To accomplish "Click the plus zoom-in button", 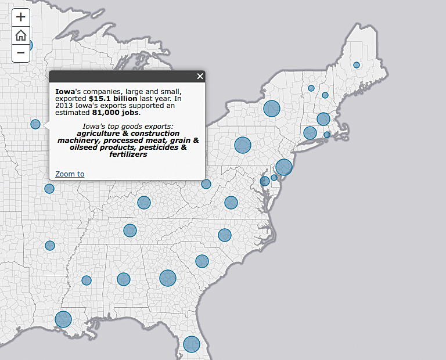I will click(21, 17).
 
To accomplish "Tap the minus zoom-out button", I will click(21, 53).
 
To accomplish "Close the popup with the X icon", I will click(200, 76).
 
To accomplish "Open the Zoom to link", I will click(70, 174).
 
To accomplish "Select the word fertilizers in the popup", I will click(128, 154).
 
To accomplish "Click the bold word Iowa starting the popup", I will click(64, 92).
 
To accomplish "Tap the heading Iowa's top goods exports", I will click(128, 127).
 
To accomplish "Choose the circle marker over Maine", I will click(357, 65).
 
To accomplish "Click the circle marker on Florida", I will click(192, 344).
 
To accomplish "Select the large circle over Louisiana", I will click(63, 319).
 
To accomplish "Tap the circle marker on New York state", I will click(272, 108).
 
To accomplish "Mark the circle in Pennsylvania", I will click(243, 145).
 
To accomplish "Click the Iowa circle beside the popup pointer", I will click(35, 124).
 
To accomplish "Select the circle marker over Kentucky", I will click(144, 203).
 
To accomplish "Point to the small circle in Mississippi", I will click(87, 280).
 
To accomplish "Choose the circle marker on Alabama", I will click(124, 279).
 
